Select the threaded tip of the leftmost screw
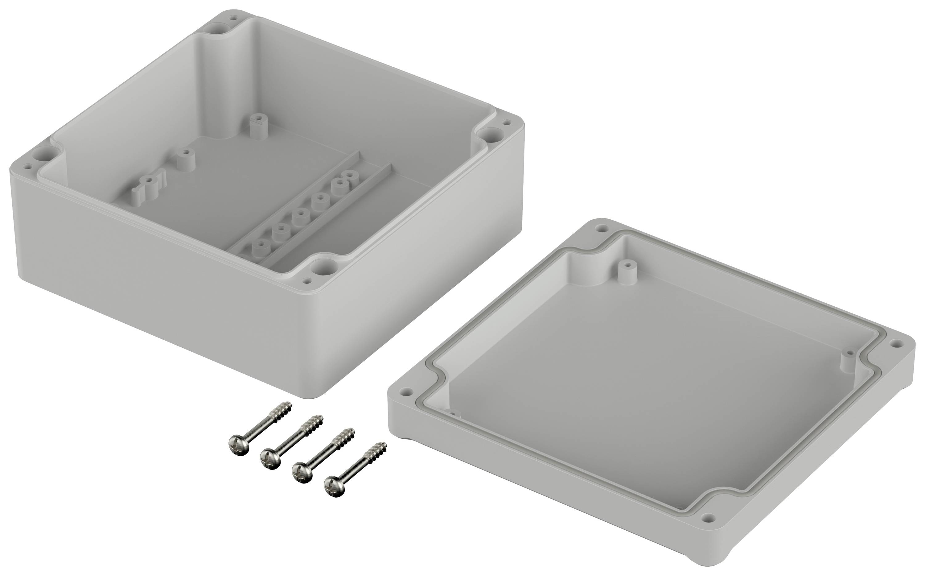(285, 408)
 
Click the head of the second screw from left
(270, 458)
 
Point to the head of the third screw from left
(302, 473)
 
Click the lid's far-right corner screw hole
(896, 344)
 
